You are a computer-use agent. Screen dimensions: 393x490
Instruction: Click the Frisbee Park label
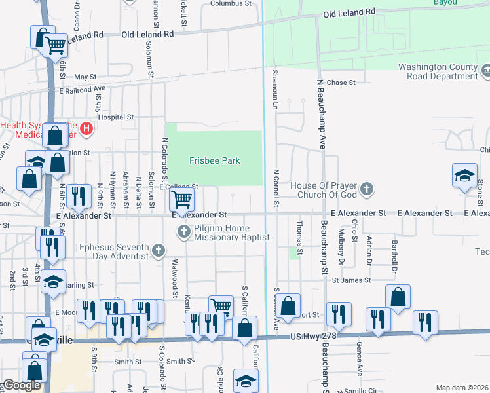(214, 160)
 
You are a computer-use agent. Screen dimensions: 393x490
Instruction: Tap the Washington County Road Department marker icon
(486, 70)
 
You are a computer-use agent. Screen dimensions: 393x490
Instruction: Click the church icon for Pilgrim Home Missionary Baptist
(184, 232)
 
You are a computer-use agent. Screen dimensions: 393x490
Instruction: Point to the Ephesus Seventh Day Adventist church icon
(158, 250)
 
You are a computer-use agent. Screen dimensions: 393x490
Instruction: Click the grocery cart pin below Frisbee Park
(181, 198)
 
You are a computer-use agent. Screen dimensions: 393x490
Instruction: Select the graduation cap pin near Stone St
(464, 176)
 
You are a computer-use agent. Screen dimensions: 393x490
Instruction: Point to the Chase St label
(341, 83)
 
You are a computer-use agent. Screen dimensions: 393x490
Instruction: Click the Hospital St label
(116, 117)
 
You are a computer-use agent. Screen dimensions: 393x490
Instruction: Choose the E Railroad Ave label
(83, 88)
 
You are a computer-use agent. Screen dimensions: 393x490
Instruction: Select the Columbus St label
(231, 3)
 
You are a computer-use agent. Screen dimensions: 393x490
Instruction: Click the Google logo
(22, 386)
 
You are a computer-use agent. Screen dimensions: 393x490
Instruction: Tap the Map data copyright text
(462, 388)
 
